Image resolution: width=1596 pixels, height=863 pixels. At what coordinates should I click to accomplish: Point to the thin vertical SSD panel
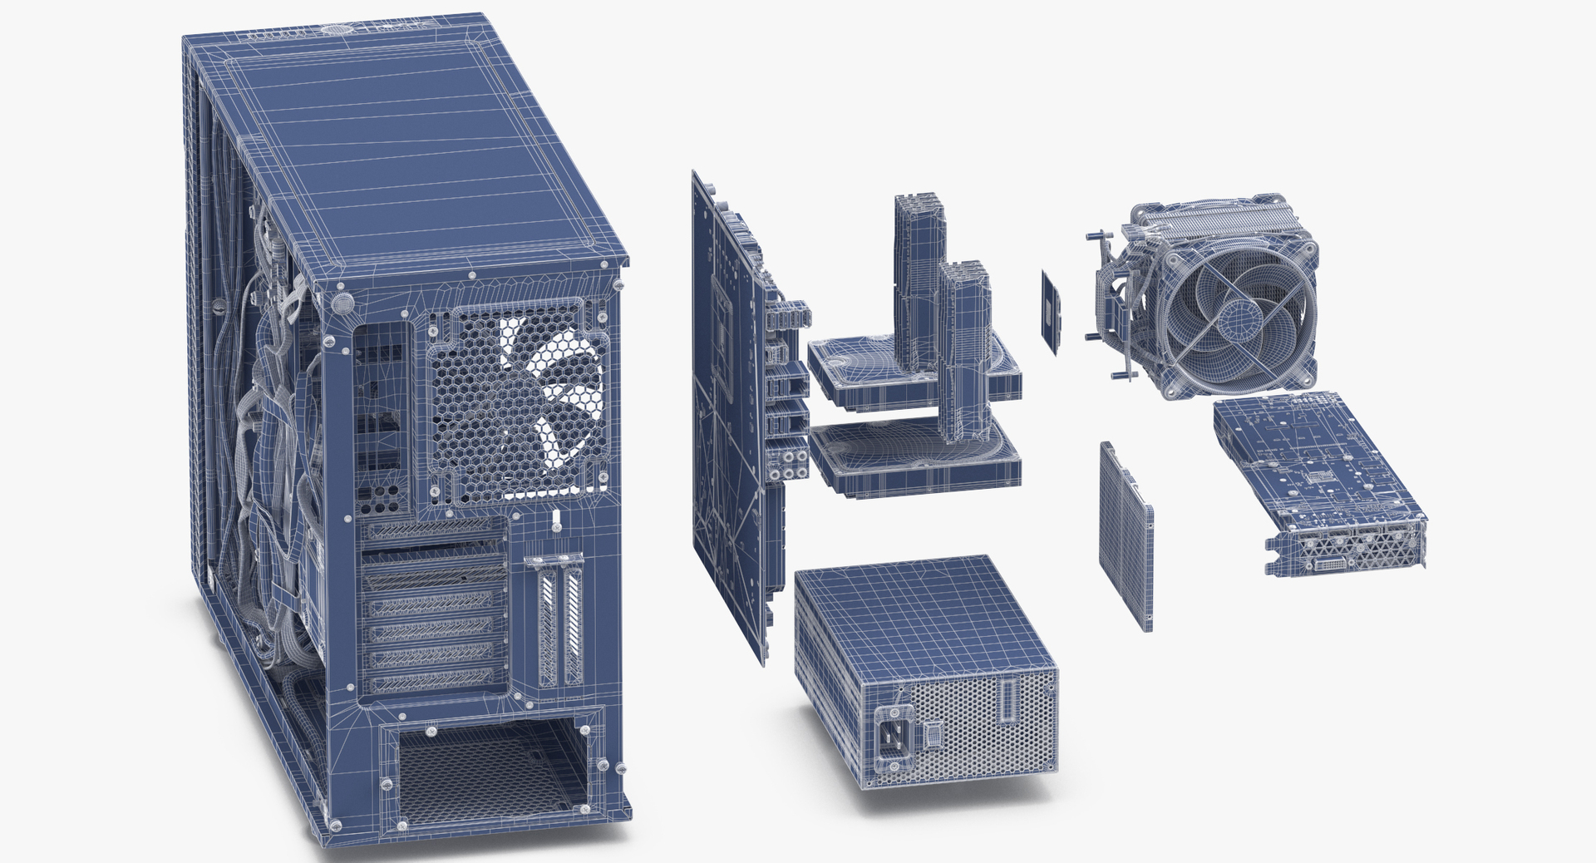(1126, 536)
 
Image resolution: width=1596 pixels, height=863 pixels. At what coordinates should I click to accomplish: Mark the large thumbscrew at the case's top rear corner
(341, 303)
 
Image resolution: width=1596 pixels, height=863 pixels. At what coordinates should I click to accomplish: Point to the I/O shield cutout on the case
(382, 416)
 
